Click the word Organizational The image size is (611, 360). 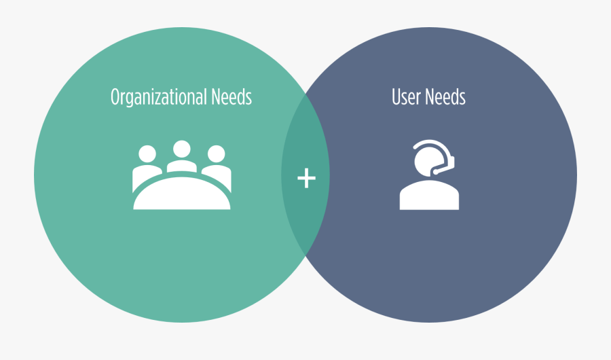click(159, 97)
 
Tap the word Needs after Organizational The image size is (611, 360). click(232, 96)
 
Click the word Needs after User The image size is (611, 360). click(445, 96)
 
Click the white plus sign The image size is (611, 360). click(306, 178)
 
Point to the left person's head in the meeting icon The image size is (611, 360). click(147, 154)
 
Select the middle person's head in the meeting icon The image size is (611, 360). click(181, 149)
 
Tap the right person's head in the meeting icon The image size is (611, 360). click(217, 154)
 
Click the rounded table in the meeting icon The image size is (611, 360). click(181, 194)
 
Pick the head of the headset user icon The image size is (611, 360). click(428, 162)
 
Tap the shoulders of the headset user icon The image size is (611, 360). click(429, 195)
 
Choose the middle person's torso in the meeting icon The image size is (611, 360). click(181, 166)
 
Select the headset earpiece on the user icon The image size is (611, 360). click(452, 162)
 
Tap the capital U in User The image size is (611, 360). click(396, 97)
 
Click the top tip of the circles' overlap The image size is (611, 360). click(305, 94)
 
